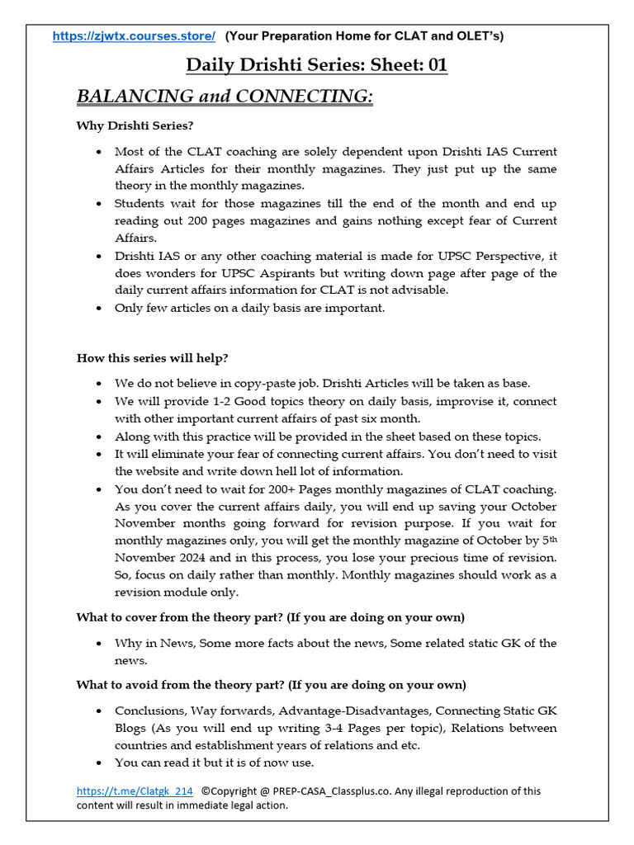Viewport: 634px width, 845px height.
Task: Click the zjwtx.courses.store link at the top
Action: [x=134, y=35]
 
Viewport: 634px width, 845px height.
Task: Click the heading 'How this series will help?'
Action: [x=153, y=357]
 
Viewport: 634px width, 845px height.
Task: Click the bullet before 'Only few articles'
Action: [x=100, y=309]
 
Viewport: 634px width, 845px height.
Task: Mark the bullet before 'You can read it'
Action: [x=100, y=763]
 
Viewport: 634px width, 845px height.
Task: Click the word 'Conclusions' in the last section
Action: [x=147, y=710]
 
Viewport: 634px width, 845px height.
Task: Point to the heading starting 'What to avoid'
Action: [x=271, y=685]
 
